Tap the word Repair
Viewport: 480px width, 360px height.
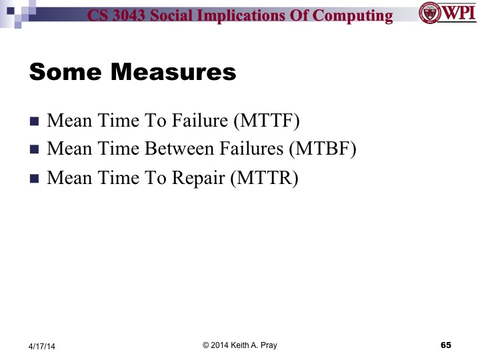click(195, 178)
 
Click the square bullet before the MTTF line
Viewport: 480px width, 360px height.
click(35, 121)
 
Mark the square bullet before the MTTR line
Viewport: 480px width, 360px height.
click(35, 179)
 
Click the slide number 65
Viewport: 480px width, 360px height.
click(446, 345)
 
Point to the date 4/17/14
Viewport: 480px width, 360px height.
click(42, 346)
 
